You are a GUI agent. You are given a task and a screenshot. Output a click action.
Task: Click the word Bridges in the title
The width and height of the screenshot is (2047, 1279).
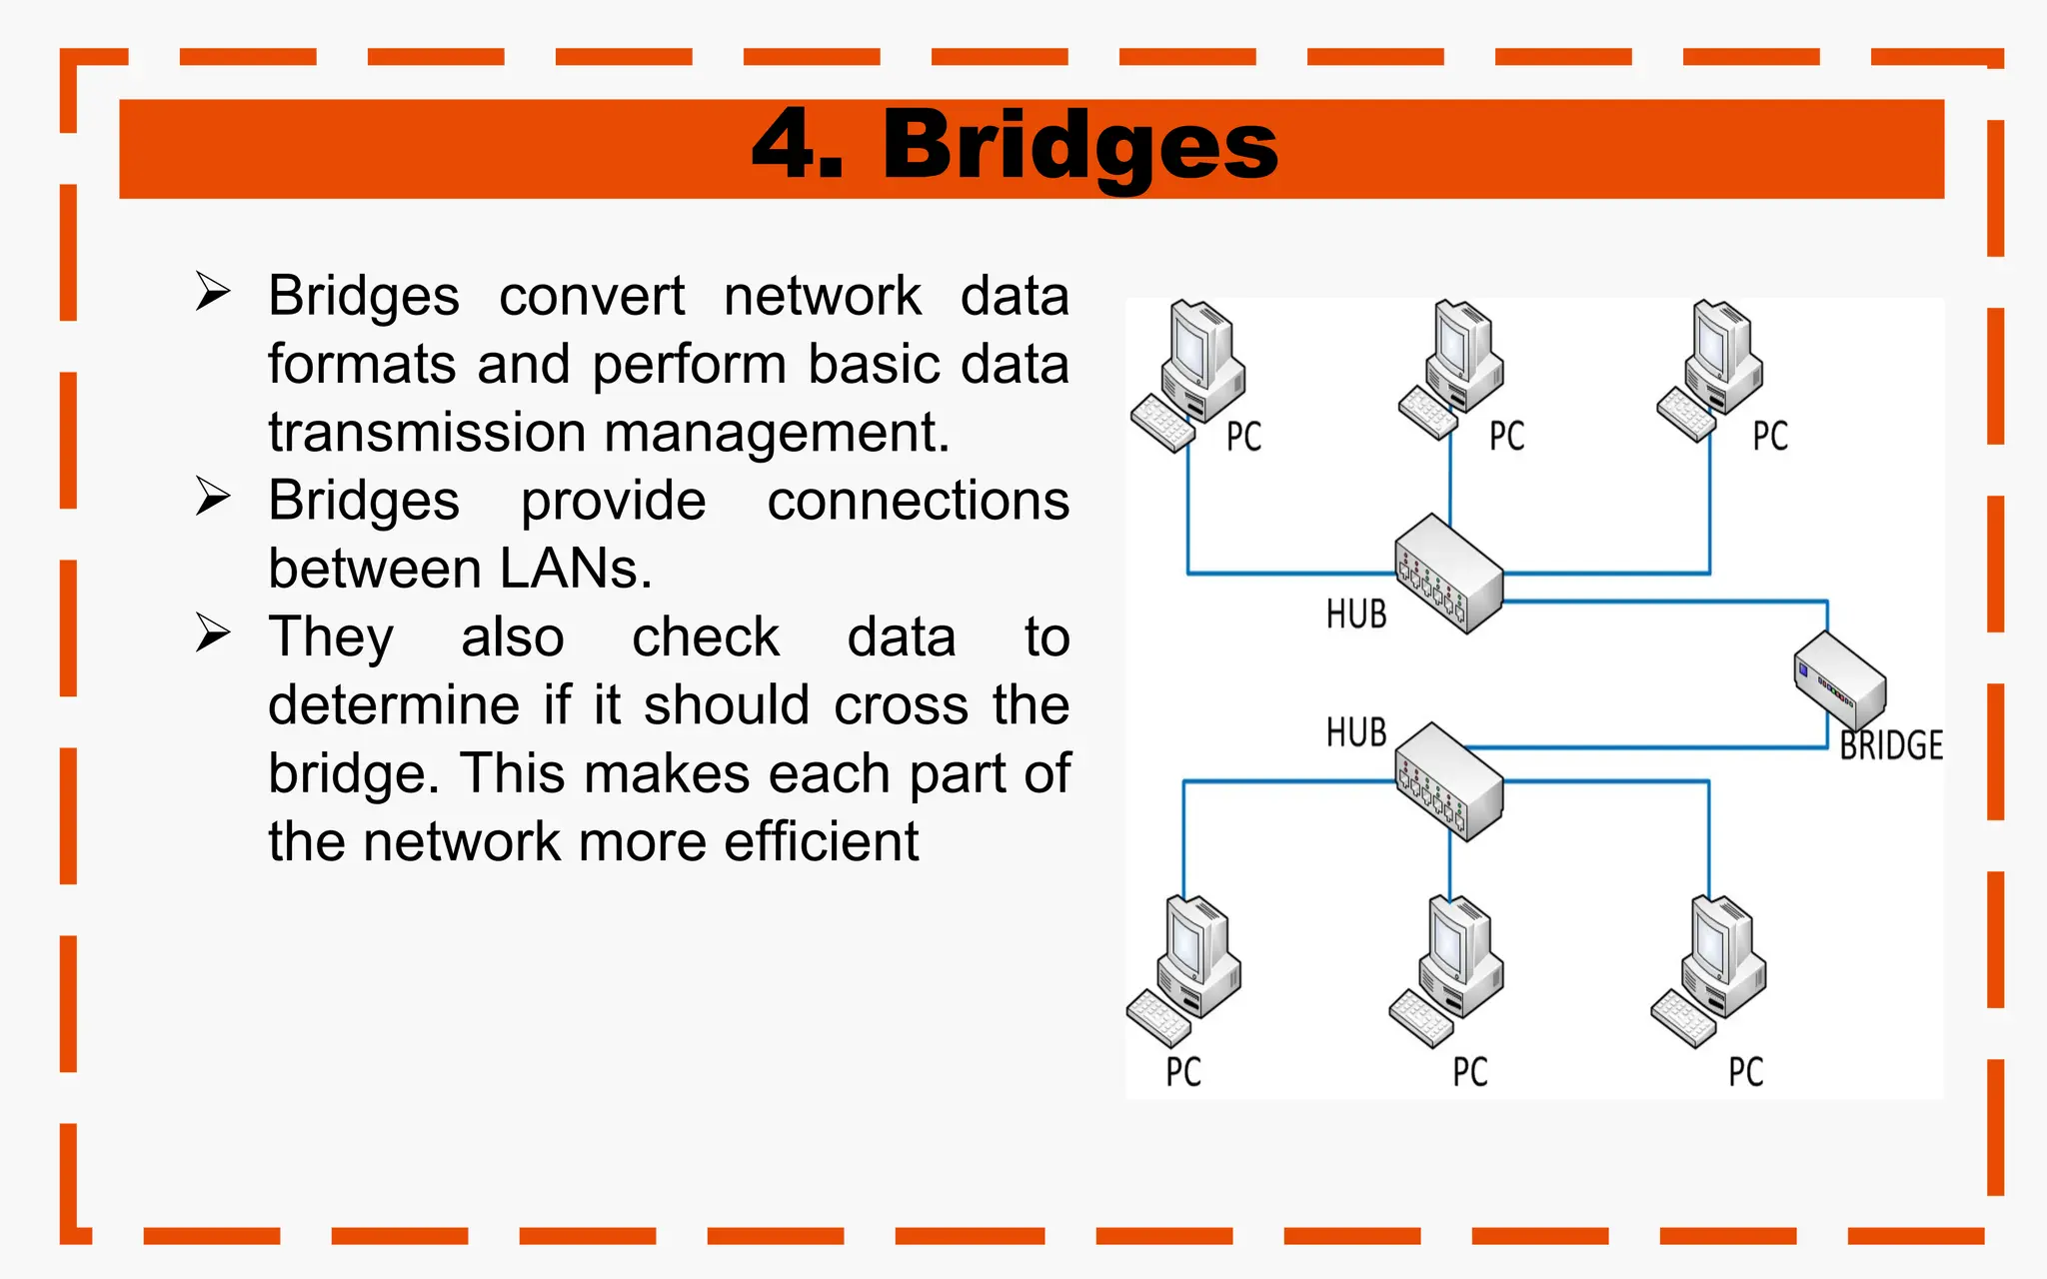click(x=1079, y=147)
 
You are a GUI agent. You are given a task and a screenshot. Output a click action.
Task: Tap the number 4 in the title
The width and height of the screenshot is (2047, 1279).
click(x=786, y=146)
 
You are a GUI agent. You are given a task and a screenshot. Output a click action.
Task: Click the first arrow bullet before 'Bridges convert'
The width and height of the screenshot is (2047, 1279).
click(x=213, y=292)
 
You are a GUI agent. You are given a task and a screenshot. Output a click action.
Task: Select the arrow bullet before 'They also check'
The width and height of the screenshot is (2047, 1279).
click(x=213, y=634)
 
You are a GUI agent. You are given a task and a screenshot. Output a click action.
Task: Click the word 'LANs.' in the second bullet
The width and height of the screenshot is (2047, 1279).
click(x=576, y=569)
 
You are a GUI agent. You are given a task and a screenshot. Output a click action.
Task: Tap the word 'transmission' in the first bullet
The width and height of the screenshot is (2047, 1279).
click(x=427, y=433)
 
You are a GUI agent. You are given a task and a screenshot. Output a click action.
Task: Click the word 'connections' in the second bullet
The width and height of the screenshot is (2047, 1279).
click(x=918, y=501)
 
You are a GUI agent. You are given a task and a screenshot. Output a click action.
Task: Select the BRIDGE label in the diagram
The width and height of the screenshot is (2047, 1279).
click(x=1891, y=745)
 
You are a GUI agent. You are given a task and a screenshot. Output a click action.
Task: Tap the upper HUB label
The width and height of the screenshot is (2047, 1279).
click(x=1356, y=614)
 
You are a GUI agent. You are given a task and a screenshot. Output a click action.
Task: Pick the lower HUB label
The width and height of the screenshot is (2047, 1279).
click(x=1356, y=731)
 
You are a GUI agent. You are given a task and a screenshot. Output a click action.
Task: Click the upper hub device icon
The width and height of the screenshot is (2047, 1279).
click(x=1449, y=574)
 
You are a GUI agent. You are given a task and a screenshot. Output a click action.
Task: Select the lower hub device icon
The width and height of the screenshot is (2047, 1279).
click(x=1449, y=781)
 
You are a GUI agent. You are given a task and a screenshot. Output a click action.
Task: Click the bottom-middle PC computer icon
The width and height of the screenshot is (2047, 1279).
click(x=1448, y=967)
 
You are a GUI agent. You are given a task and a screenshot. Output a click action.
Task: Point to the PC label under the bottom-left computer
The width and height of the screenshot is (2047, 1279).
click(x=1183, y=1071)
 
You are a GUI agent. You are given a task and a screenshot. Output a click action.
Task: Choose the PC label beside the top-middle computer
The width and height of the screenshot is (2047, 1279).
click(x=1506, y=436)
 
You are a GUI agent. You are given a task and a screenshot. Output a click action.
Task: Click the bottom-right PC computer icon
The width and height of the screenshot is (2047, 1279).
click(x=1711, y=967)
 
